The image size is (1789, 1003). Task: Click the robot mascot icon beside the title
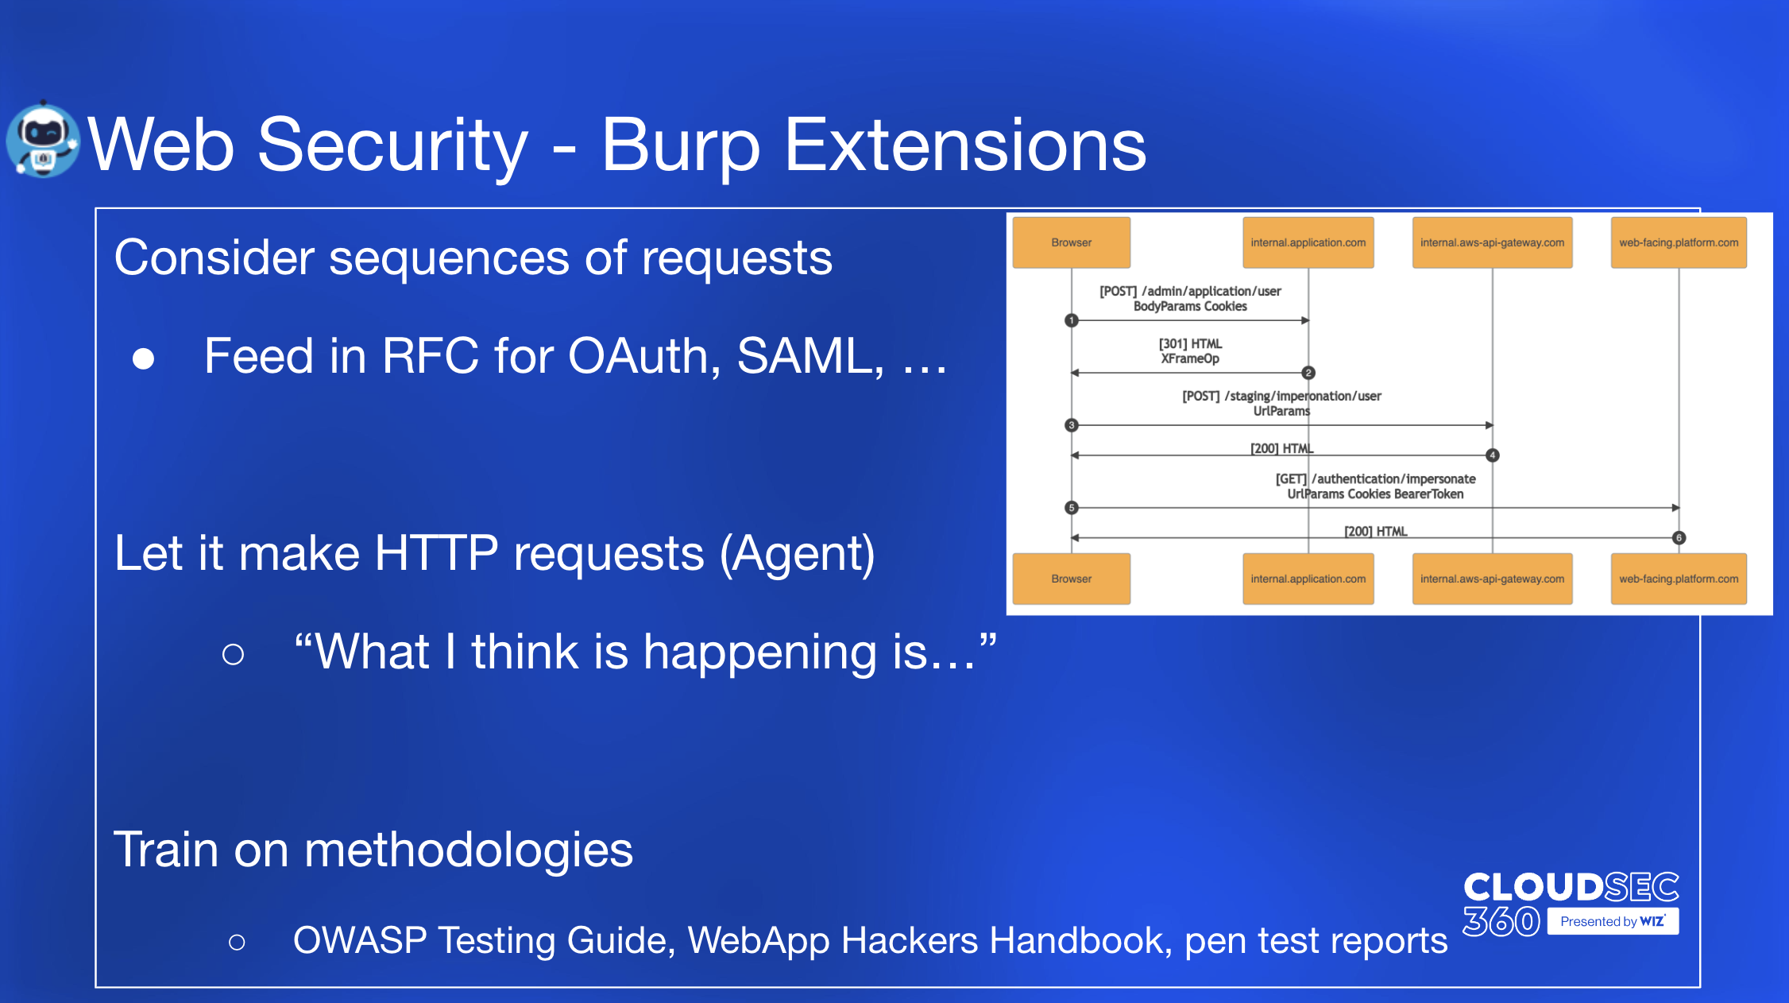click(x=43, y=140)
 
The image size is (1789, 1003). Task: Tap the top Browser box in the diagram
click(x=1071, y=242)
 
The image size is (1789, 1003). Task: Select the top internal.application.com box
click(x=1308, y=242)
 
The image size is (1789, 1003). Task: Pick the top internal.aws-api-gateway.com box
click(x=1492, y=242)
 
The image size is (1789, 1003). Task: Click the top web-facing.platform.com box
click(x=1679, y=242)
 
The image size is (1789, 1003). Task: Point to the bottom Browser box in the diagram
click(x=1071, y=579)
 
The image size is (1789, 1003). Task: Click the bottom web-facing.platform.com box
click(x=1679, y=579)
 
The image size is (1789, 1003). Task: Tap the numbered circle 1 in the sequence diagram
click(x=1072, y=320)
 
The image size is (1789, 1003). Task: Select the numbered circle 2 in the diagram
click(x=1308, y=373)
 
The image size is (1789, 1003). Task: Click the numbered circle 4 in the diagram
click(x=1493, y=455)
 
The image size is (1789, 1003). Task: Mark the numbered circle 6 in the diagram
click(x=1679, y=538)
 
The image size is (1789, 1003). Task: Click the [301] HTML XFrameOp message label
click(x=1190, y=350)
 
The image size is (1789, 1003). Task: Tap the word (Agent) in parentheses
click(x=798, y=553)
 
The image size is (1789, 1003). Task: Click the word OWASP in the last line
click(x=360, y=940)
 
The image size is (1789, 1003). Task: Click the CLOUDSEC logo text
click(x=1571, y=887)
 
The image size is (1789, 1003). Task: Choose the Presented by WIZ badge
click(x=1613, y=921)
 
